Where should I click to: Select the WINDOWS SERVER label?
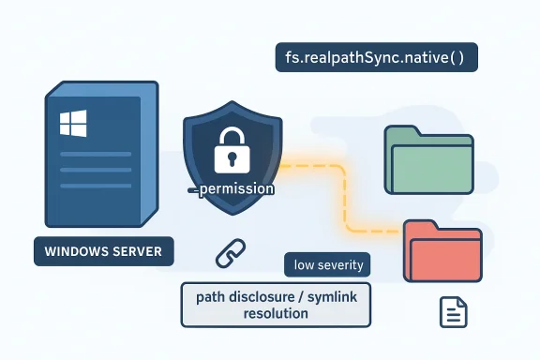point(102,252)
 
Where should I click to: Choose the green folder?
point(428,160)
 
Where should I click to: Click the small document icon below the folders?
point(454,311)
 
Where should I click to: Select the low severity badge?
point(327,264)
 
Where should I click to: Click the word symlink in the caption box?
point(331,296)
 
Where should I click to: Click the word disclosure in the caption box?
point(260,296)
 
